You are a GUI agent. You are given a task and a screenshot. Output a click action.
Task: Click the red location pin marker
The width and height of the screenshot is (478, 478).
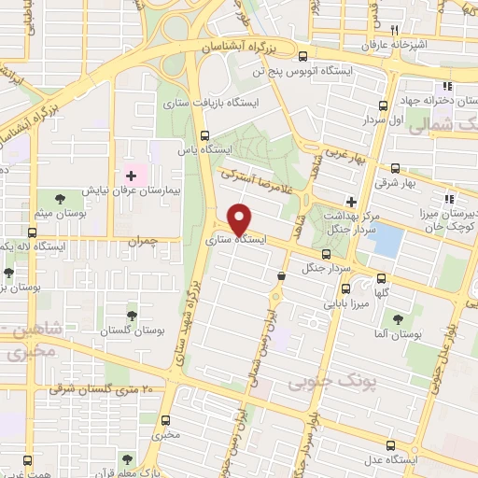tap(240, 218)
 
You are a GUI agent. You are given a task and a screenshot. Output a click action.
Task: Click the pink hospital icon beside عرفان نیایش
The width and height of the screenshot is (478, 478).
tap(131, 175)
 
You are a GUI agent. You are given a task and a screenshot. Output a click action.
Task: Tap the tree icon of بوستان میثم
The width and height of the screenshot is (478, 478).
tap(60, 198)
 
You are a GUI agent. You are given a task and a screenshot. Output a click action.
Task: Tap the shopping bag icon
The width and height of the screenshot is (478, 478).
tap(281, 274)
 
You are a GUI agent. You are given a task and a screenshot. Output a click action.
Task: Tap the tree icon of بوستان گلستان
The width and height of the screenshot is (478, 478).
tap(130, 316)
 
